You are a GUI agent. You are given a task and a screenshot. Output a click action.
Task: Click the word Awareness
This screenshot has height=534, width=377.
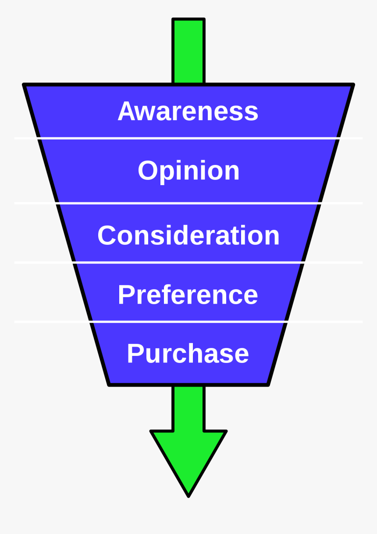188,111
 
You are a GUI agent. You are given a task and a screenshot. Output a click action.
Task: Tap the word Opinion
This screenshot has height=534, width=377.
188,170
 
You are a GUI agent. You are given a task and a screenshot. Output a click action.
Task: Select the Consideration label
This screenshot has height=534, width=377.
188,235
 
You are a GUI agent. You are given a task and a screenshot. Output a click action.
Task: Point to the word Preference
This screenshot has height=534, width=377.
188,294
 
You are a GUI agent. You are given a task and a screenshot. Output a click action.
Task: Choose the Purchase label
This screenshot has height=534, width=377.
188,354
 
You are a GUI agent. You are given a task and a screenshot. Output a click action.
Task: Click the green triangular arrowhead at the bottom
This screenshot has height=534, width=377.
188,456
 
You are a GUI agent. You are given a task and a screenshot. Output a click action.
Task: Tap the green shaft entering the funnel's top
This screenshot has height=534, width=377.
188,50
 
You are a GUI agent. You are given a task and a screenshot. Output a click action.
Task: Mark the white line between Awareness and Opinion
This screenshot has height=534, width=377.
188,138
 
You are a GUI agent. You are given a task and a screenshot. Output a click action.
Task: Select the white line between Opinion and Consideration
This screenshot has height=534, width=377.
188,203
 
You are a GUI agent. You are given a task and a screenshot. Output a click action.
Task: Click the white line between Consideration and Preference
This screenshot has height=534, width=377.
188,262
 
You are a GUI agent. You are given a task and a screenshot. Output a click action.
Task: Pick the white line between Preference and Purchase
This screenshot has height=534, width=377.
188,322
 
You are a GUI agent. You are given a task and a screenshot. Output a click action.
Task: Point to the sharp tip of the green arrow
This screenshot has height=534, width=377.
188,495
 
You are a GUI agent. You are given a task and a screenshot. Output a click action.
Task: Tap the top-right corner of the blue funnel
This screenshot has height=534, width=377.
352,85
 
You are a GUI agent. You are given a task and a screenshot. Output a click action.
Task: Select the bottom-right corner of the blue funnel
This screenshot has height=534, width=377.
267,384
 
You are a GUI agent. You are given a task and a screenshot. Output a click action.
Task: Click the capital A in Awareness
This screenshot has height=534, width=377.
126,111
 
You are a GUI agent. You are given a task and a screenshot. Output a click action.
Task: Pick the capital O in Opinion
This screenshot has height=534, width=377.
148,170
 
